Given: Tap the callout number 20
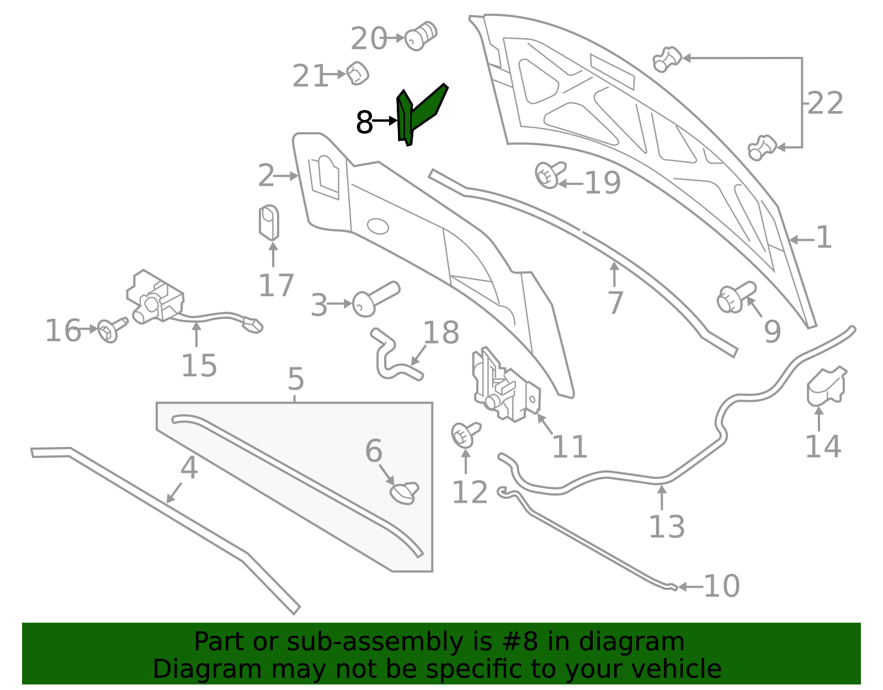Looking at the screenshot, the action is [369, 39].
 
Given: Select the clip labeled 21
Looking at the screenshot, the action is [357, 73].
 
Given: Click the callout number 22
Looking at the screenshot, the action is [825, 103].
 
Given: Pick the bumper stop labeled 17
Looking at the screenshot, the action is [269, 223].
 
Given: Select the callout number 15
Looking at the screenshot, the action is [199, 365].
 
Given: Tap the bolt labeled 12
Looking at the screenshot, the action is [465, 435].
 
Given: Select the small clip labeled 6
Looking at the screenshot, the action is [405, 493].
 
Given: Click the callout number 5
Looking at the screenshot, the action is [295, 379].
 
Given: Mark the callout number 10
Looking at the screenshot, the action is [722, 586].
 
